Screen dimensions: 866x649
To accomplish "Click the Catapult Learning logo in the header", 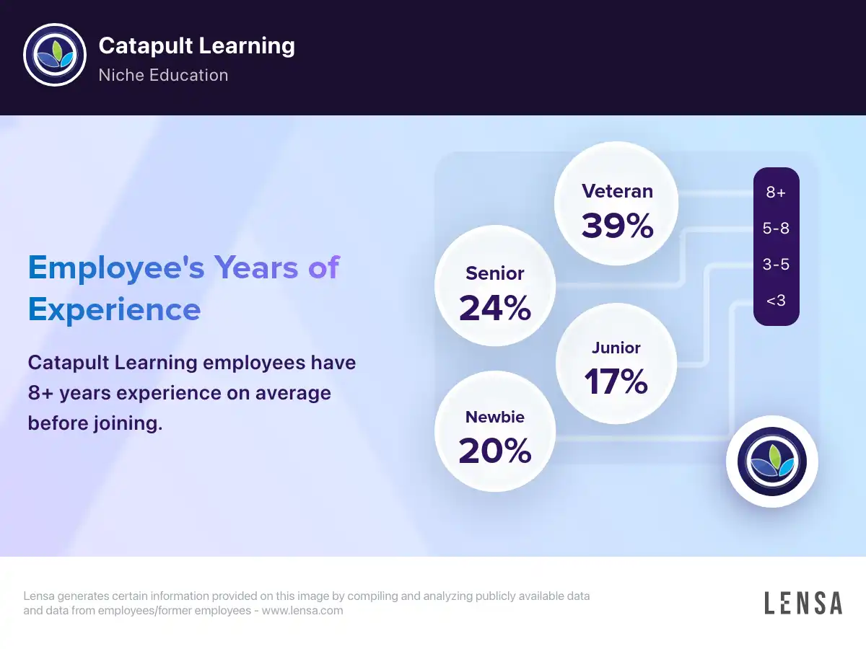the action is [55, 55].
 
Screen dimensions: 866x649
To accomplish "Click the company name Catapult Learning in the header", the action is [196, 45].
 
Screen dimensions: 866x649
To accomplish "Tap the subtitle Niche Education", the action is [163, 75].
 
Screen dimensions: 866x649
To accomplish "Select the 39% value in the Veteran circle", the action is [617, 226].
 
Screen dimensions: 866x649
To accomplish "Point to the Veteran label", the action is [617, 192].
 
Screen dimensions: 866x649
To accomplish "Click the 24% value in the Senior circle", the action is [495, 308].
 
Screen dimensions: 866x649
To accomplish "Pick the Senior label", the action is [495, 273].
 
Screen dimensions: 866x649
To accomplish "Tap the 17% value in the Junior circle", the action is [616, 381].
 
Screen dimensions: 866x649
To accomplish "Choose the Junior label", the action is [616, 348].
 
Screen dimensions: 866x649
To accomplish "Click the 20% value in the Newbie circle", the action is [495, 451].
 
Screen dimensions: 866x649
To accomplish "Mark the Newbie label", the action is [495, 417].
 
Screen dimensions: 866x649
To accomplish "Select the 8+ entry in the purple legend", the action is [776, 193].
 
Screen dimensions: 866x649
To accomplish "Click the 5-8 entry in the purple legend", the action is [776, 228].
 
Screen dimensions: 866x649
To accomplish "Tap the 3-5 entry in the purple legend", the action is [776, 264].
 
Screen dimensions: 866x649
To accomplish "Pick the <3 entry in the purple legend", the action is [776, 301].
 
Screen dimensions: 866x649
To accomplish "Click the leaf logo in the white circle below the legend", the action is [772, 462].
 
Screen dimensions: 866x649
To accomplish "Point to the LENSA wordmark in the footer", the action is [803, 603].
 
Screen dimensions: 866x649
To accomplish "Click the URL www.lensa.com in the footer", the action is [302, 610].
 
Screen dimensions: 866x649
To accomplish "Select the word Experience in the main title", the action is [115, 311].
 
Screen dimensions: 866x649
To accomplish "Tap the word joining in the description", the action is [128, 424].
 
